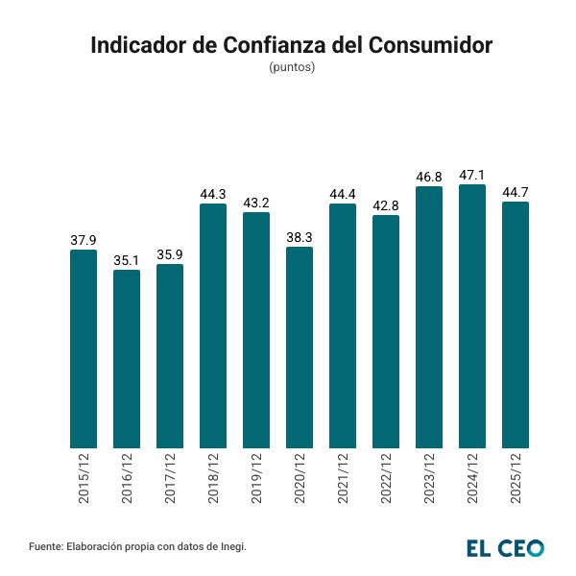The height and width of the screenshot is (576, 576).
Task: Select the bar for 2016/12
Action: click(127, 359)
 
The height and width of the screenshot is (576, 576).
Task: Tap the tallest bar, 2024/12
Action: click(472, 316)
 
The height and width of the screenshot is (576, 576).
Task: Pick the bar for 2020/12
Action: click(300, 348)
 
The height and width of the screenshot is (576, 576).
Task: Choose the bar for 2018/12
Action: click(213, 325)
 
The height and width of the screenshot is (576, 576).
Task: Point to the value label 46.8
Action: click(429, 178)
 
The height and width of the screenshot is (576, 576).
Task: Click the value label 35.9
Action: click(170, 255)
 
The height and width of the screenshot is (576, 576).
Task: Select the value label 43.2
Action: click(256, 204)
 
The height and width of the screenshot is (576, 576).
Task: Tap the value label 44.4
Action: click(343, 195)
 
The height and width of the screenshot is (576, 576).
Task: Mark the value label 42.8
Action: click(386, 206)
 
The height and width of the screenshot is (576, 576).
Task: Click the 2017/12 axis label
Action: click(170, 479)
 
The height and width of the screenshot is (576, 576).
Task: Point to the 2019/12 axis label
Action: click(256, 479)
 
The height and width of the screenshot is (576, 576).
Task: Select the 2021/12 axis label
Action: click(343, 479)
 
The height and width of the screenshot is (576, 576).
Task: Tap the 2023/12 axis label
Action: click(429, 479)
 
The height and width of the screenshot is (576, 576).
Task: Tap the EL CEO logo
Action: click(505, 547)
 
